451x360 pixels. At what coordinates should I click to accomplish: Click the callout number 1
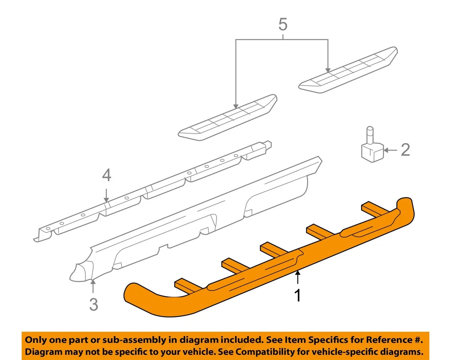(x=298, y=295)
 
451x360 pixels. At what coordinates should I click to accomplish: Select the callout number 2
(x=405, y=150)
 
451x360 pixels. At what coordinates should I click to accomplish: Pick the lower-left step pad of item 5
(x=228, y=118)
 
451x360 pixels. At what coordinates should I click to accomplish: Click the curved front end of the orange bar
(x=143, y=297)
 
